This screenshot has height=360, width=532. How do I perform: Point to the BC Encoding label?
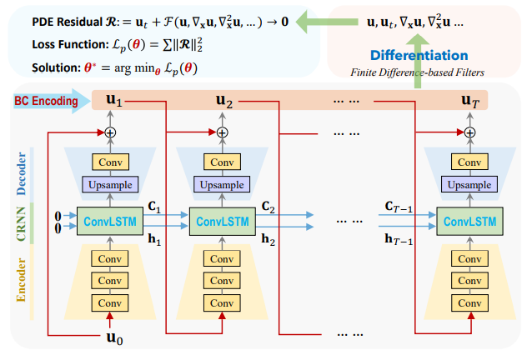[x=45, y=102]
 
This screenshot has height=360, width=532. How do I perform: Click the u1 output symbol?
[x=113, y=102]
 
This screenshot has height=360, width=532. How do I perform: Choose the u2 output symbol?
[x=223, y=102]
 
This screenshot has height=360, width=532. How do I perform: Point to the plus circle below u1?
[x=109, y=132]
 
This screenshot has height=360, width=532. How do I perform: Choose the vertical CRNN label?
[x=22, y=222]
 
